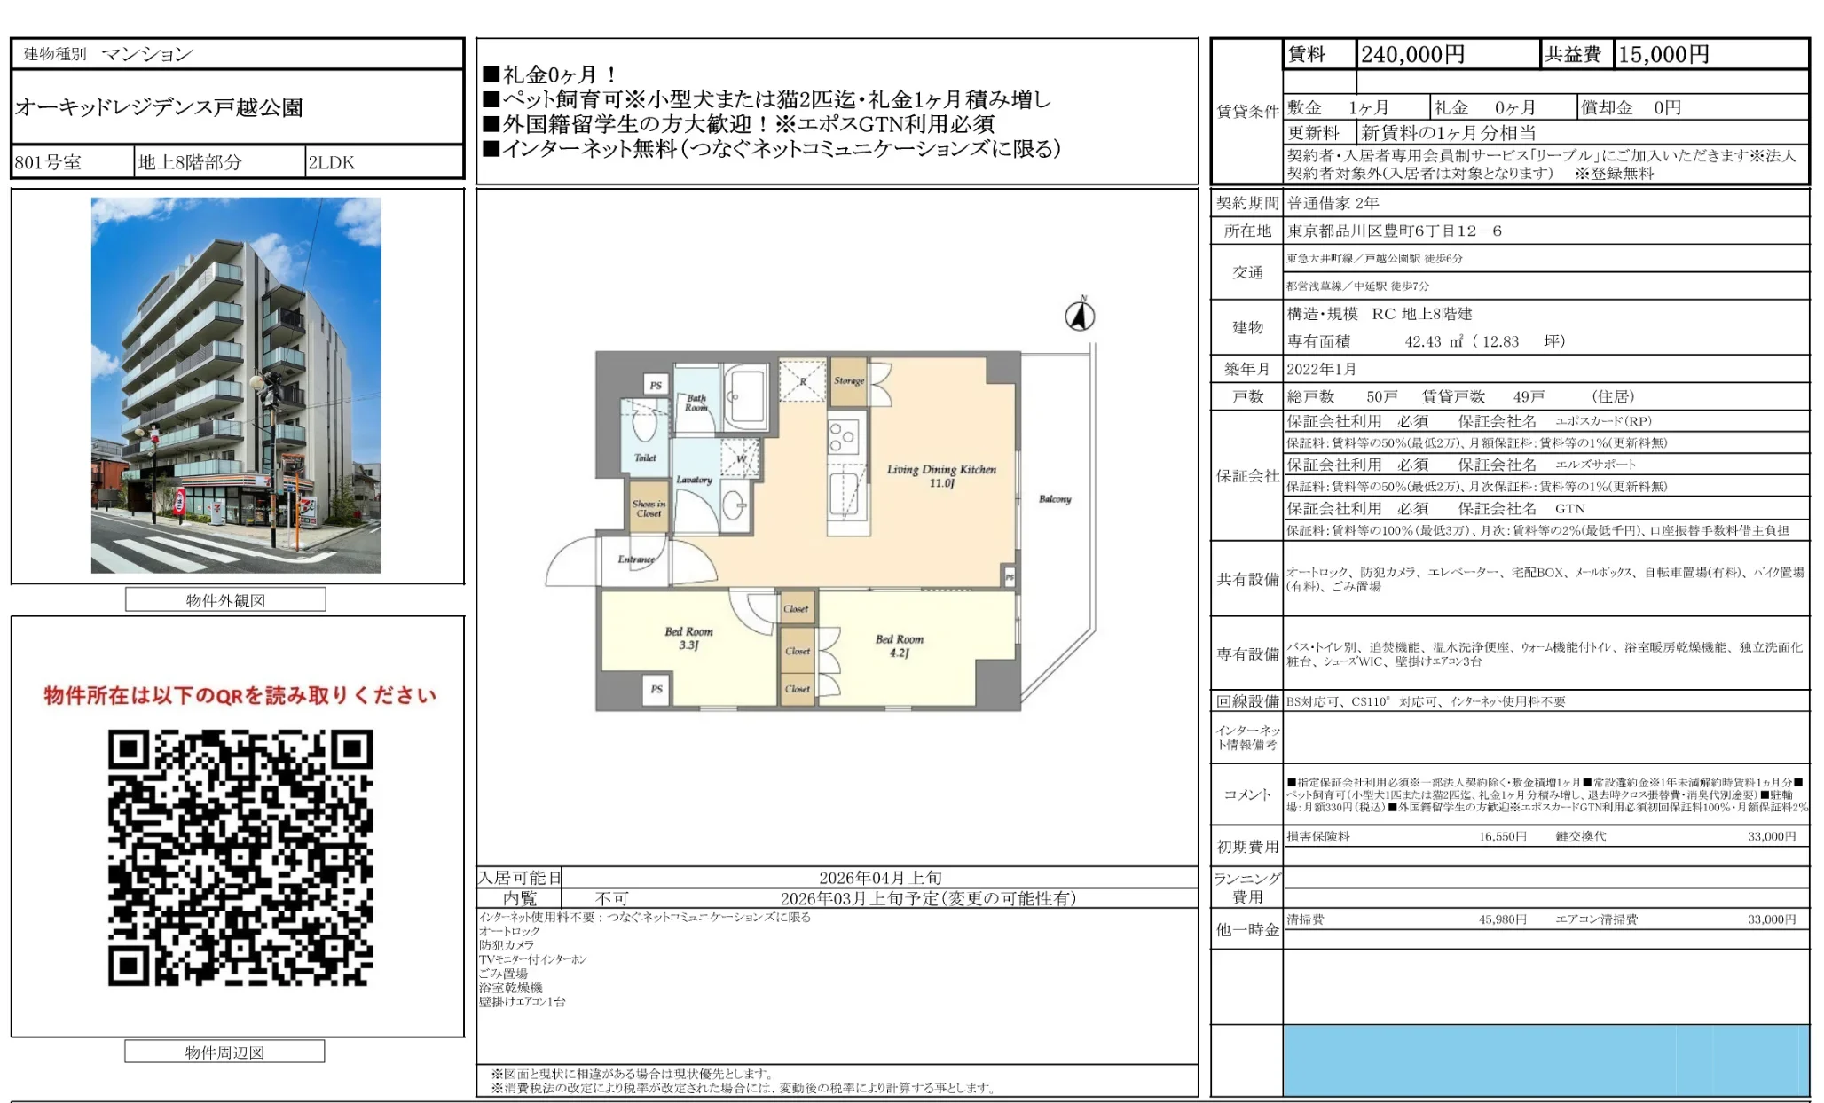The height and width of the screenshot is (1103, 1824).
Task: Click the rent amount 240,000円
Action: (1412, 55)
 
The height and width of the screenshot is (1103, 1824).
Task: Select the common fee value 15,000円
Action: (1663, 55)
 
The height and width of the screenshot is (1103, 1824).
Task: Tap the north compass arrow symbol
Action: (1080, 316)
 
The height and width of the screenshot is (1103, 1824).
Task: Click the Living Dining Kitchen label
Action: (941, 475)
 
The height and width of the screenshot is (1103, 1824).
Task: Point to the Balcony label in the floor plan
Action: (1055, 499)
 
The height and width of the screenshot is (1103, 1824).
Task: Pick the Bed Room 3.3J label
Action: (688, 638)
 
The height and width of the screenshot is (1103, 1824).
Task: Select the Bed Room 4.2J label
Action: (899, 645)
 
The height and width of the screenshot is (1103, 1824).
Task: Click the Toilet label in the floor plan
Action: (645, 458)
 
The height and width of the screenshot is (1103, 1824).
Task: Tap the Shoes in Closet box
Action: (649, 508)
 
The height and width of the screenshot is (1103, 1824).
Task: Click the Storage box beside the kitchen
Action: (848, 380)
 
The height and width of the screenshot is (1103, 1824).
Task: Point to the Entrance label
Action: (635, 559)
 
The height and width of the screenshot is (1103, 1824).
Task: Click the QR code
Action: (240, 857)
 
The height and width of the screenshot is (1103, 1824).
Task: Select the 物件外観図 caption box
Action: (225, 600)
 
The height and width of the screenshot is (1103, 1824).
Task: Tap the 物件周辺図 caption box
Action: (224, 1052)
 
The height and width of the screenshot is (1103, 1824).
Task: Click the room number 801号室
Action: (48, 162)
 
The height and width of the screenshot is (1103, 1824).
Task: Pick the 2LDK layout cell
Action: (331, 162)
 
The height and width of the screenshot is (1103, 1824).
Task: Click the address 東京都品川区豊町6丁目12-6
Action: (1395, 231)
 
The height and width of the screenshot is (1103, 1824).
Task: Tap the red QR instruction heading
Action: (240, 695)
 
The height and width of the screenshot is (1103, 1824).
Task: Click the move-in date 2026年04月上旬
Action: (879, 878)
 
